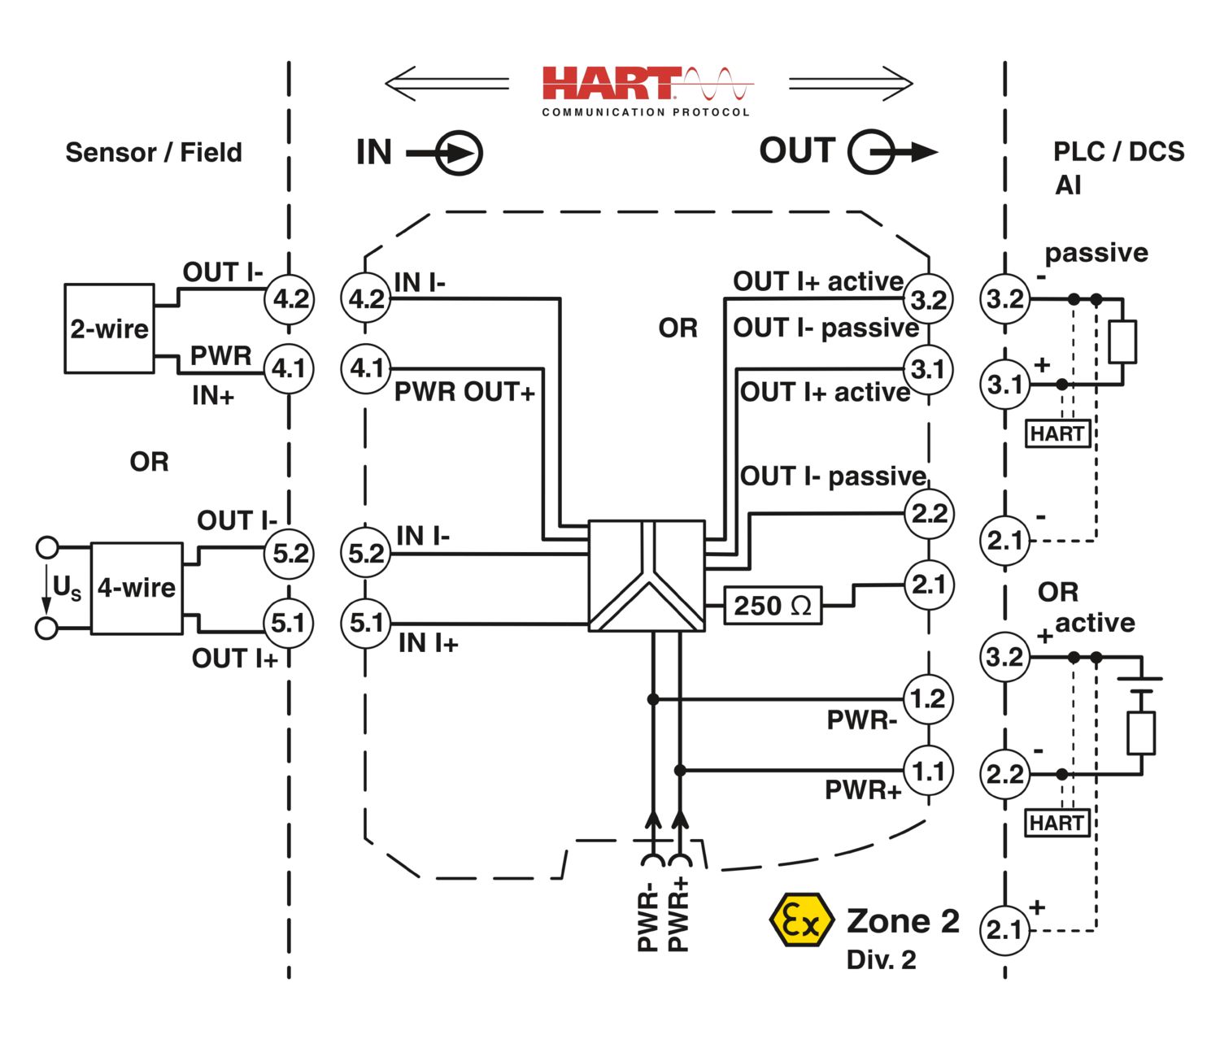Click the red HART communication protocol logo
click(647, 88)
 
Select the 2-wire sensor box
click(109, 328)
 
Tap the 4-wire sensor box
click(136, 588)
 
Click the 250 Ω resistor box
click(772, 606)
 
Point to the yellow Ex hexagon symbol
click(801, 921)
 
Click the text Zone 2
click(903, 921)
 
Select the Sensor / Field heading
click(154, 152)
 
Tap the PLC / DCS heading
click(1118, 152)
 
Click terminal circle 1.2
click(928, 698)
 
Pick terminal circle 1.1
click(928, 771)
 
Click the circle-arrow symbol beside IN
click(459, 153)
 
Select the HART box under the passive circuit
click(1057, 433)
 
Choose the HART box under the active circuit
click(1057, 824)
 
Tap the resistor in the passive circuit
click(1122, 341)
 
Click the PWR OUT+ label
click(464, 392)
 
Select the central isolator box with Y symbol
click(647, 576)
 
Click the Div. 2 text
click(881, 960)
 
